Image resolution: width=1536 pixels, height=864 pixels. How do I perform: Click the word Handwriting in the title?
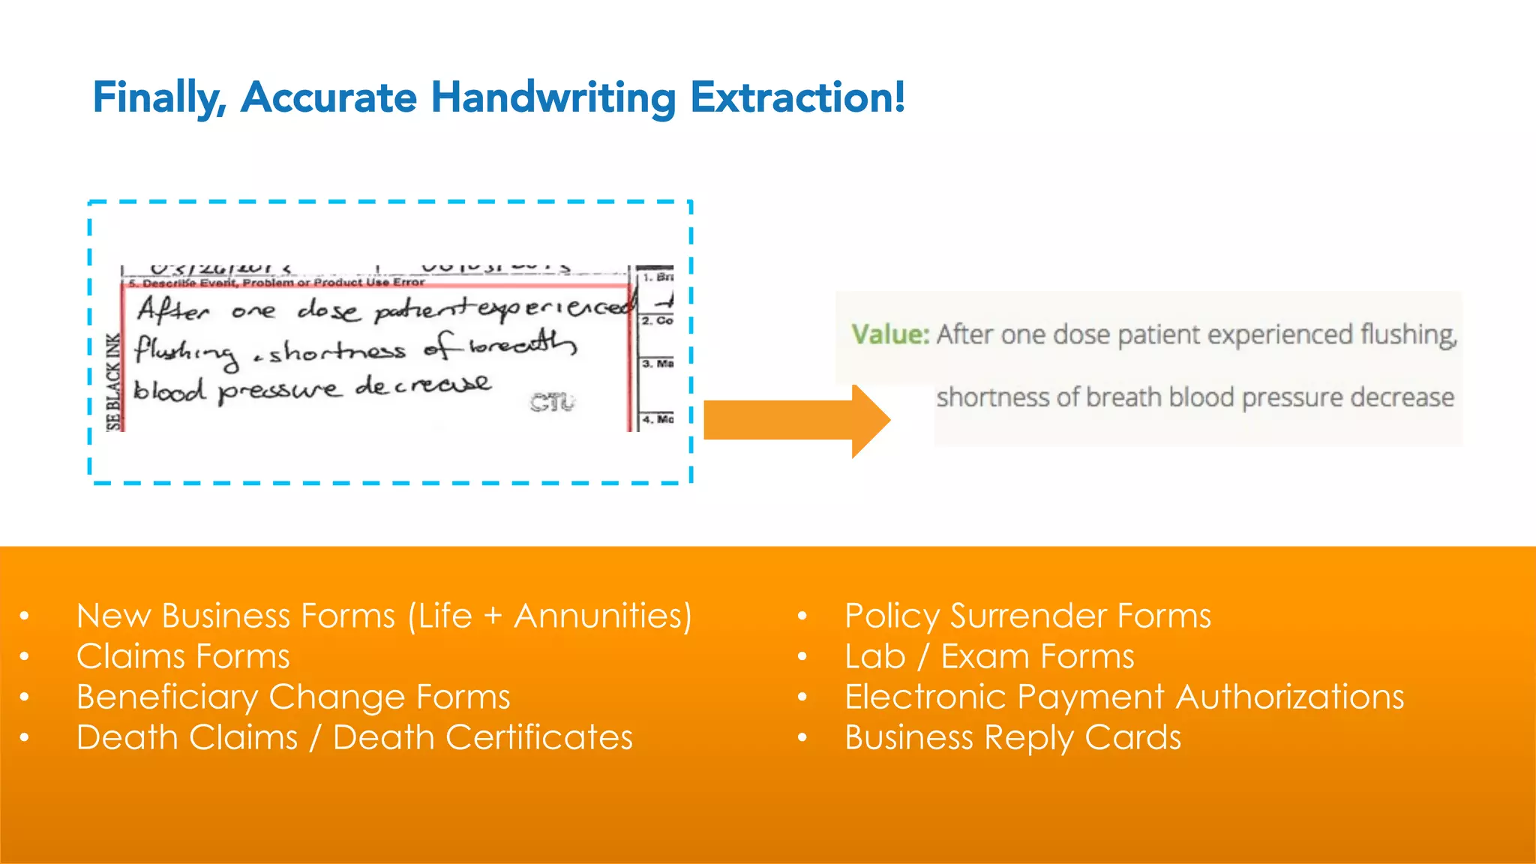click(553, 98)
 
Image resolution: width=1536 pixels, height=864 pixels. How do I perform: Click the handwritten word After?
click(173, 309)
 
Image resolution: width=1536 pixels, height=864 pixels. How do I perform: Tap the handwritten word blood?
click(169, 391)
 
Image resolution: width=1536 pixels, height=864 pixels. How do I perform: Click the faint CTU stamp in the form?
click(553, 403)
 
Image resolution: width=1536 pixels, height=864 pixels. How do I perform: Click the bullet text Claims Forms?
click(183, 657)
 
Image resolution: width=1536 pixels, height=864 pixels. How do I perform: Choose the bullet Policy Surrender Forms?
click(1027, 616)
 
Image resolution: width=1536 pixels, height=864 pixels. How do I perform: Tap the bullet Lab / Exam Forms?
click(989, 657)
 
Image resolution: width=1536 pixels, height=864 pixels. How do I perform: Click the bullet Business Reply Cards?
click(1012, 738)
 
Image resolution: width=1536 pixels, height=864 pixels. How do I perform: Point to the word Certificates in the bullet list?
click(539, 738)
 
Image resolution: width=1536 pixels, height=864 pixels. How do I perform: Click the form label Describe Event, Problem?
click(217, 283)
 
